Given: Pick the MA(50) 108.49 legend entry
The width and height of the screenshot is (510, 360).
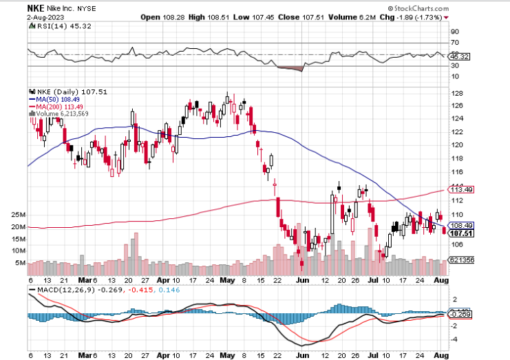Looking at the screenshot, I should point(55,99).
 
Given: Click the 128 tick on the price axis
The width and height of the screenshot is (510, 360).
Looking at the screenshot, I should point(456,93).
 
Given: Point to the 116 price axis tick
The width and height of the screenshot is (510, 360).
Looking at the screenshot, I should point(456,171).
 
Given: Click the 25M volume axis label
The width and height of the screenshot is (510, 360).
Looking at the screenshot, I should point(18,214).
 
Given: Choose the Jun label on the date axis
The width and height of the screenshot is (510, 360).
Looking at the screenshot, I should point(301,281).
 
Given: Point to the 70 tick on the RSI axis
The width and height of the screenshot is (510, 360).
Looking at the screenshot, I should point(454,43).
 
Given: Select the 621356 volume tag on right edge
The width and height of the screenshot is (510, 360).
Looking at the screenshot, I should point(459,260).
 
